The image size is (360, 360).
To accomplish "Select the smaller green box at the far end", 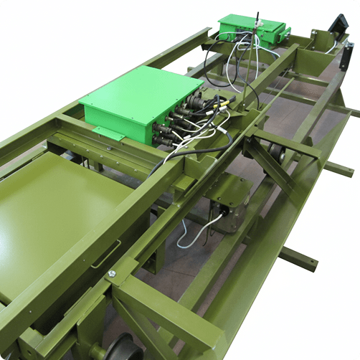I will tap(251, 30).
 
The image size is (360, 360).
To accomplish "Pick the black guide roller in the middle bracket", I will tap(275, 152).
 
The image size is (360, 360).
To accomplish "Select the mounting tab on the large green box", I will tap(107, 133).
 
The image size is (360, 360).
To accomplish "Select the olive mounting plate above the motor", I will tap(228, 188).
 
